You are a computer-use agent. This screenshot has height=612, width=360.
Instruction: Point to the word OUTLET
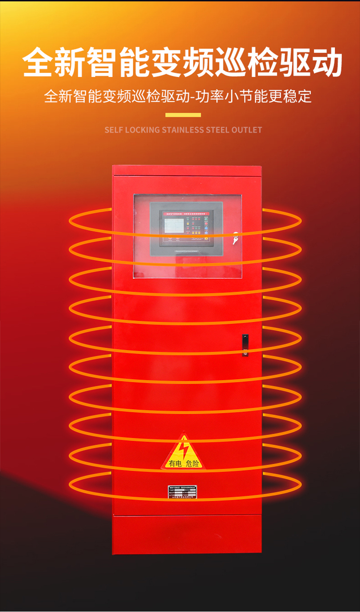[247, 130]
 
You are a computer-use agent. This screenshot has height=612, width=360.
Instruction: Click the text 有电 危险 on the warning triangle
[183, 464]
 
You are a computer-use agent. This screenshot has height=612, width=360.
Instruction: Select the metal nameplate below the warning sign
[183, 492]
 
